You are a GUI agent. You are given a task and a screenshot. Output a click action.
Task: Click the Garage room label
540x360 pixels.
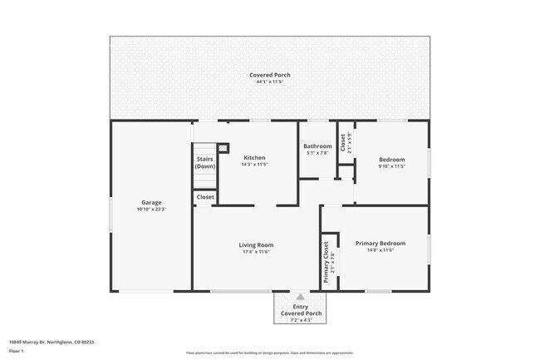point(151,202)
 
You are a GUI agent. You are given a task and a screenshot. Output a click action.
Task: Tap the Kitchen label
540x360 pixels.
point(254,158)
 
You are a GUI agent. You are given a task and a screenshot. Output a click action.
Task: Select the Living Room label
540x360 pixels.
point(256,245)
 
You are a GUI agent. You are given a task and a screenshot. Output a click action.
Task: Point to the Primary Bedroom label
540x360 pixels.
point(380,244)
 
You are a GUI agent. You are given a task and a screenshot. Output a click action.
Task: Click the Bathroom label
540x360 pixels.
point(317,146)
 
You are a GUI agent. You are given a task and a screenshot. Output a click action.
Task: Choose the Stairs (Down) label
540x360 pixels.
point(205,163)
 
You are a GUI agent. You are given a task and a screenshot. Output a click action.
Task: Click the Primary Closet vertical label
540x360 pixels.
point(326,262)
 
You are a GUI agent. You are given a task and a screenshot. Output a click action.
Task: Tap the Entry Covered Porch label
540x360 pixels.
point(300,309)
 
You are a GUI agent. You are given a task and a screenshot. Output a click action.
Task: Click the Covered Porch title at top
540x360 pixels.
point(270,75)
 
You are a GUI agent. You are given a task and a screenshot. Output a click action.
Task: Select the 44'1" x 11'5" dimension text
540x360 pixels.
point(270,81)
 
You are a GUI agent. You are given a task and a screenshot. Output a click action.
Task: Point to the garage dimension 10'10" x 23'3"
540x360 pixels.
point(151,209)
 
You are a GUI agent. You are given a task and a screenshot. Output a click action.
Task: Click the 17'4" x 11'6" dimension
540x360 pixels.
point(256,252)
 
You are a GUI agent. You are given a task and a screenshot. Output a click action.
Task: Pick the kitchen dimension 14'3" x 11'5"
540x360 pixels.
point(254,165)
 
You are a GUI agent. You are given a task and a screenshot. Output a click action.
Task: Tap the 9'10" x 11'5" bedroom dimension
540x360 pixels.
point(392,166)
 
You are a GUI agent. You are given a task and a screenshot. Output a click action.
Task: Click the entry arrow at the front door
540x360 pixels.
point(300,296)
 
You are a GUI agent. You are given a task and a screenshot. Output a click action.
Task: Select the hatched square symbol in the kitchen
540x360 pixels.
point(223,147)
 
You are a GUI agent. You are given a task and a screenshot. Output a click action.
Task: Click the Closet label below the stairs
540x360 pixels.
point(205,197)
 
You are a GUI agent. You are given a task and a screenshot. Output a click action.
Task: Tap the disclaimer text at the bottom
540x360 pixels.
point(270,353)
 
